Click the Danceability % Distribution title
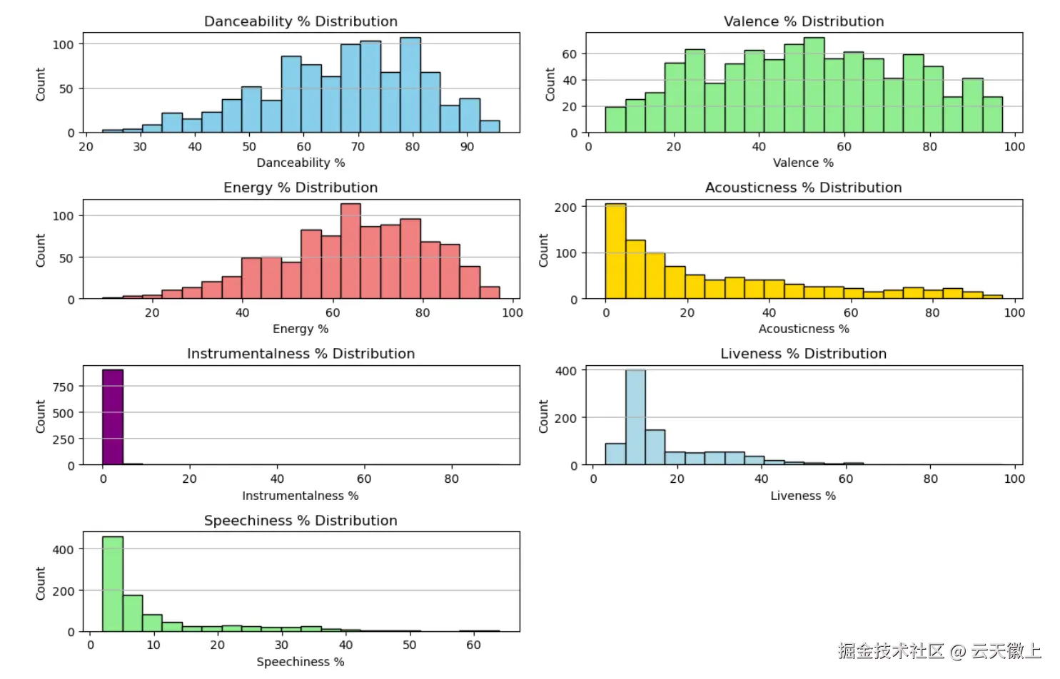(x=301, y=21)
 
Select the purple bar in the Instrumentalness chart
(x=113, y=417)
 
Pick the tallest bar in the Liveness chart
(x=635, y=417)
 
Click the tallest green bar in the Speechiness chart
(x=113, y=584)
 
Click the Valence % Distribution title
(x=804, y=21)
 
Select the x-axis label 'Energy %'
(x=301, y=329)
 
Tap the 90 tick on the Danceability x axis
(x=467, y=146)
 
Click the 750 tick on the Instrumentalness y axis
(x=64, y=387)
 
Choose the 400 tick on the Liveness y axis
(x=566, y=371)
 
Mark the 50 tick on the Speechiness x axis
(x=410, y=645)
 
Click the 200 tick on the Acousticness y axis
(x=566, y=207)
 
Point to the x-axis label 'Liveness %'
(x=803, y=496)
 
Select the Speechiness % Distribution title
(x=301, y=521)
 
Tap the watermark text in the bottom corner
(x=939, y=650)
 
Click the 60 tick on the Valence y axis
(x=570, y=54)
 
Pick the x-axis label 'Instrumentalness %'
(x=301, y=496)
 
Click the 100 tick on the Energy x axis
(x=513, y=312)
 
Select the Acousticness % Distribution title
(x=804, y=188)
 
